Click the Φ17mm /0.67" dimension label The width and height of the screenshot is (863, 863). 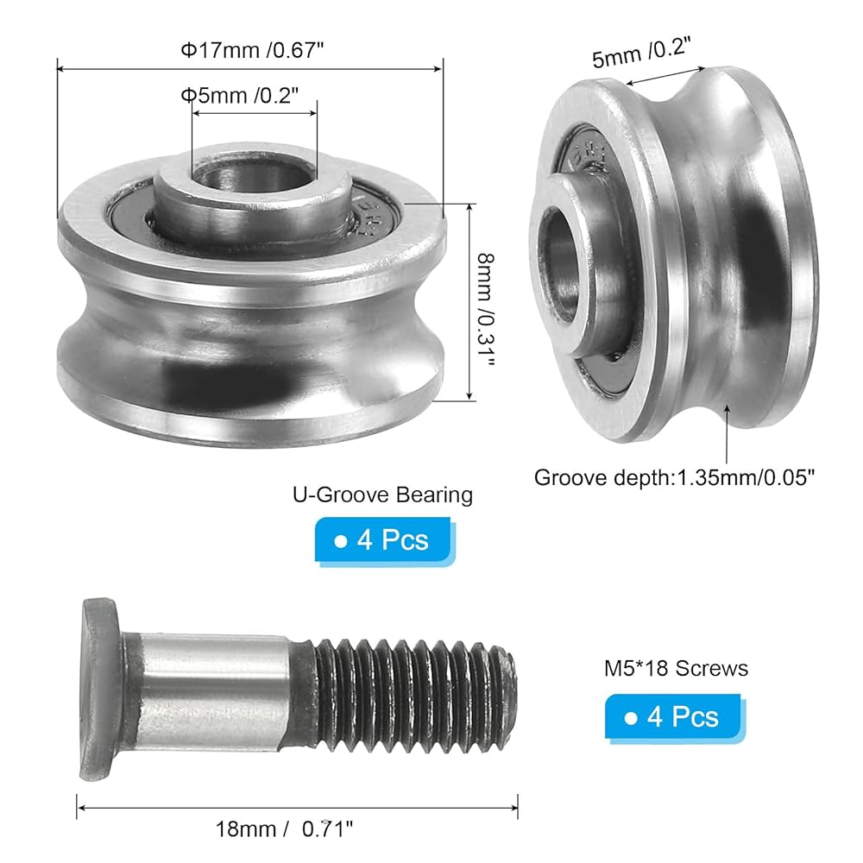click(252, 51)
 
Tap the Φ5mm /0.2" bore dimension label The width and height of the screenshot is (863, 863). click(240, 96)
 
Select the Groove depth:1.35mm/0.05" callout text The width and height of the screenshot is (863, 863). click(674, 477)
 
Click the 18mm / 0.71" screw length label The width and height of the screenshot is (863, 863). click(284, 828)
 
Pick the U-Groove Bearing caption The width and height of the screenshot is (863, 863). click(382, 494)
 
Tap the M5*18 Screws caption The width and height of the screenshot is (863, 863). click(676, 668)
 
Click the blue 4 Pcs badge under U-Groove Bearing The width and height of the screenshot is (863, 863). click(384, 540)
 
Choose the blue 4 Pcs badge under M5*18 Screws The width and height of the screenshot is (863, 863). click(674, 717)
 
